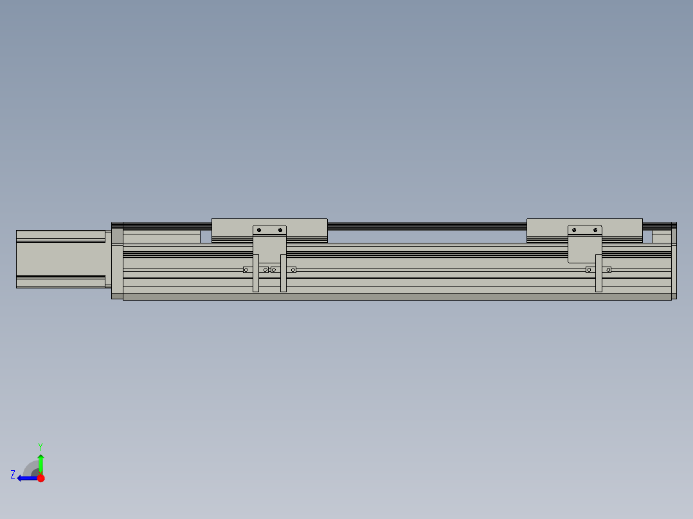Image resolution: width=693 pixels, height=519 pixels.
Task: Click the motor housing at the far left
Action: [60, 258]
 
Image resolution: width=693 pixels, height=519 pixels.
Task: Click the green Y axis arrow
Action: [40, 463]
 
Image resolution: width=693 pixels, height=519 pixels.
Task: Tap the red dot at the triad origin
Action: [40, 478]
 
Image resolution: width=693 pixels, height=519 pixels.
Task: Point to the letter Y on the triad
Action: [40, 446]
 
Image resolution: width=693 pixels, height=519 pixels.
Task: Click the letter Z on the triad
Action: [13, 475]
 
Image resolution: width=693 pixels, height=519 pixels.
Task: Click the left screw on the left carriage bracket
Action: [259, 230]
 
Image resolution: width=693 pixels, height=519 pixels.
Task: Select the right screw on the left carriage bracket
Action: [280, 230]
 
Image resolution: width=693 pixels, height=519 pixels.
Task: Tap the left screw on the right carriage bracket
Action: [574, 230]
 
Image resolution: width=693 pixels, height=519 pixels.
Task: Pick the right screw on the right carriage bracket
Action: [596, 230]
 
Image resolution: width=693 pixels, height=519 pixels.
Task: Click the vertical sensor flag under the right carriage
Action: [598, 274]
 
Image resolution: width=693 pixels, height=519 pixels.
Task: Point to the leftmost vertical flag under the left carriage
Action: [256, 274]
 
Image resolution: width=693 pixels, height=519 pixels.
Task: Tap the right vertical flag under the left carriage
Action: [283, 274]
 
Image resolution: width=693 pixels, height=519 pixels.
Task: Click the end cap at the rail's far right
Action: [674, 260]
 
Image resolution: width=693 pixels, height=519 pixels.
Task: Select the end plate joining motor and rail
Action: [117, 260]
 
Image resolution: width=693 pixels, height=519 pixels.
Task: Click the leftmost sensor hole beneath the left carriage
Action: [246, 270]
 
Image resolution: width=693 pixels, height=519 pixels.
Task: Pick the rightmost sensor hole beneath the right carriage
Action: [608, 270]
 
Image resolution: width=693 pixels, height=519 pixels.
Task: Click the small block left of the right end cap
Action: [661, 237]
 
